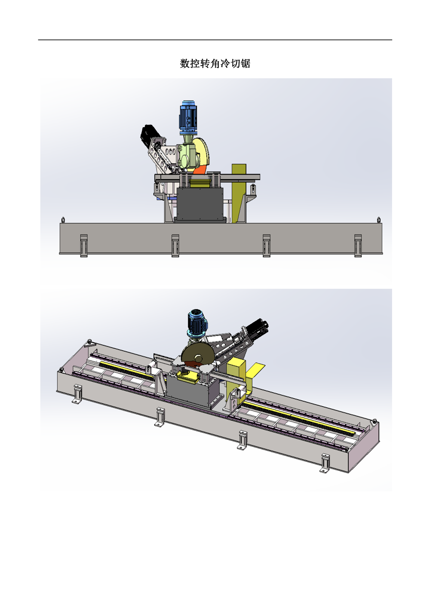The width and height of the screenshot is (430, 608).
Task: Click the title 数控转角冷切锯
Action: point(215,64)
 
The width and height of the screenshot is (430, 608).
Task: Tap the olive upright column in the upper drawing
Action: point(239,193)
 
